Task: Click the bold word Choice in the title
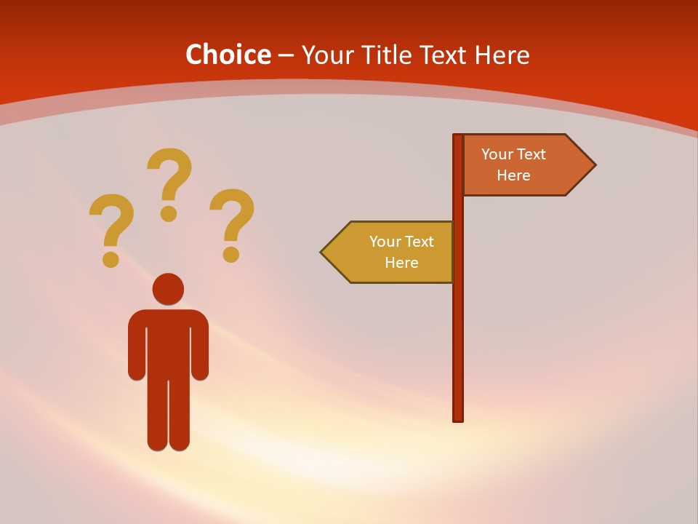[x=228, y=55]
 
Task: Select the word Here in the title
[x=502, y=55]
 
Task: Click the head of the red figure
[x=168, y=289]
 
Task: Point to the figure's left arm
[x=137, y=349]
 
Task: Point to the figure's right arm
[x=199, y=349]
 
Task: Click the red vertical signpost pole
[x=458, y=327]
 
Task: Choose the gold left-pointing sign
[x=393, y=253]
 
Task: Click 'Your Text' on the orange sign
[x=513, y=154]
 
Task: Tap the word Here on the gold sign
[x=401, y=263]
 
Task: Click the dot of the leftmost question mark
[x=111, y=259]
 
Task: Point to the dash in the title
[x=286, y=55]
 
